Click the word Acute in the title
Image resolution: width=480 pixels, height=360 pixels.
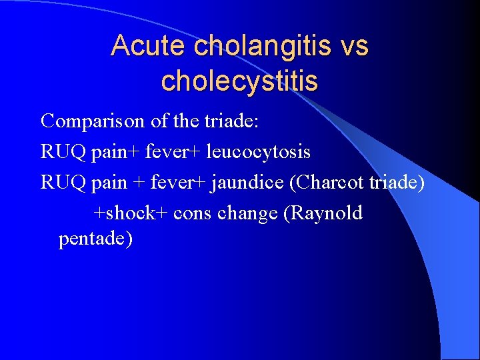pos(148,46)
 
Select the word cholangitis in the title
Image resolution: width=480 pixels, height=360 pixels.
pos(259,46)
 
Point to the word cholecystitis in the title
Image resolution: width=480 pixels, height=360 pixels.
pos(239,81)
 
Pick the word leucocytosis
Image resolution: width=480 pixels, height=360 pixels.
pos(259,151)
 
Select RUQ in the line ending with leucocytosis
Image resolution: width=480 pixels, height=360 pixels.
pos(62,151)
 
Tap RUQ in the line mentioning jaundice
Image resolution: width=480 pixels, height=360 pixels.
pos(62,182)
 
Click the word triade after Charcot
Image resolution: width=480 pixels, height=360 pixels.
pos(397,182)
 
